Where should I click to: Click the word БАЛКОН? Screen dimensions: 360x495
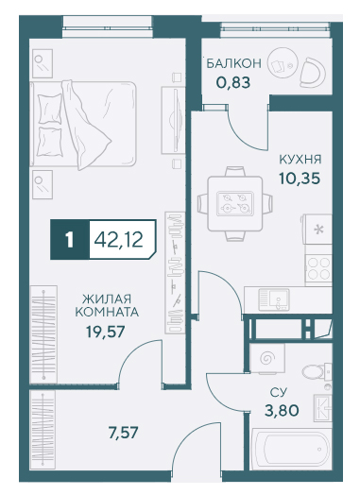[x=233, y=63]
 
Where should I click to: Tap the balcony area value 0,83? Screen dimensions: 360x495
[x=233, y=83]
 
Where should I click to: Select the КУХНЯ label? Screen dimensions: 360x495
[x=300, y=160]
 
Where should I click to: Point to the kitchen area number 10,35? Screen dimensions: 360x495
[x=300, y=179]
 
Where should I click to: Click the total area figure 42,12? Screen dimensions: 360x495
[x=119, y=240]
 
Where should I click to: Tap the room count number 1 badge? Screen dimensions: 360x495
[x=70, y=240]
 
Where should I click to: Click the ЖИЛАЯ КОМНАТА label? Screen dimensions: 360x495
[x=107, y=305]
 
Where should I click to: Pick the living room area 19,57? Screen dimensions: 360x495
[x=106, y=332]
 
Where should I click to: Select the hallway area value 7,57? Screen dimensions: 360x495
[x=123, y=433]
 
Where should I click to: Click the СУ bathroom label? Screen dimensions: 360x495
[x=279, y=392]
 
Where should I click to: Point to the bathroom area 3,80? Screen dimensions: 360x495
[x=282, y=411]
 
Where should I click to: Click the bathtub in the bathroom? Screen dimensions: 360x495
[x=290, y=449]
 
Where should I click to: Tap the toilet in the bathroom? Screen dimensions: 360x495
[x=317, y=371]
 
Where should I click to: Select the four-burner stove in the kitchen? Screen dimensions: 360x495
[x=318, y=268]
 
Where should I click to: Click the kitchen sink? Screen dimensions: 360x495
[x=274, y=299]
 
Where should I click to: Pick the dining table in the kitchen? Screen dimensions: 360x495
[x=235, y=204]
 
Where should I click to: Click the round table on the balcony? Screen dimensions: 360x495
[x=283, y=63]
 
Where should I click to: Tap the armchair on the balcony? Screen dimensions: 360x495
[x=312, y=73]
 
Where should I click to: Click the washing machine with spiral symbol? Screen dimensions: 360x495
[x=267, y=358]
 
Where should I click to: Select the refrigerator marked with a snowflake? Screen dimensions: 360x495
[x=317, y=230]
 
